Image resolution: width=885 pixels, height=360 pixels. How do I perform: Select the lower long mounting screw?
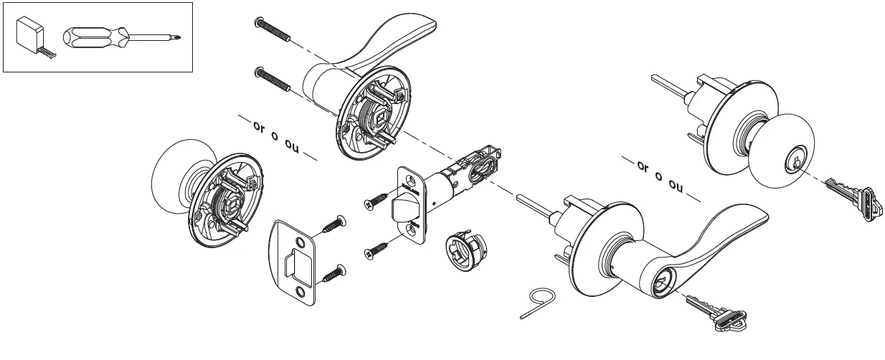273,77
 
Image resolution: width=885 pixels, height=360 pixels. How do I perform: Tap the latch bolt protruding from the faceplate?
402,211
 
